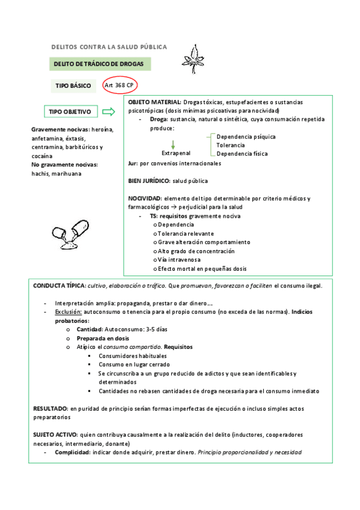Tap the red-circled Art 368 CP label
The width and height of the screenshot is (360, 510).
119,85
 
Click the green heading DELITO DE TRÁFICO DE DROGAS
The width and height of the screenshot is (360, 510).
100,64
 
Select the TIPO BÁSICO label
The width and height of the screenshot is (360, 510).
73,86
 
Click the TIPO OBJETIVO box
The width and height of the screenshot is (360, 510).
70,112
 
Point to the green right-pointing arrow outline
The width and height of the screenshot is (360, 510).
109,112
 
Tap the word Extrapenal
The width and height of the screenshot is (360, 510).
176,153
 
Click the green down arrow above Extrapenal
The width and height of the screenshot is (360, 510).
172,144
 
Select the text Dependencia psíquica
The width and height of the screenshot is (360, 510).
246,137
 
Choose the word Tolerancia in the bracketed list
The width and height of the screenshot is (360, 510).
231,145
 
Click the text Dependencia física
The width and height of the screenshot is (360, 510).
242,153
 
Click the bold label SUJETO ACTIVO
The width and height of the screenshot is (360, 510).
55,434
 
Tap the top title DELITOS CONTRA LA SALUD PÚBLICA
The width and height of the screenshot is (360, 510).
109,47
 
